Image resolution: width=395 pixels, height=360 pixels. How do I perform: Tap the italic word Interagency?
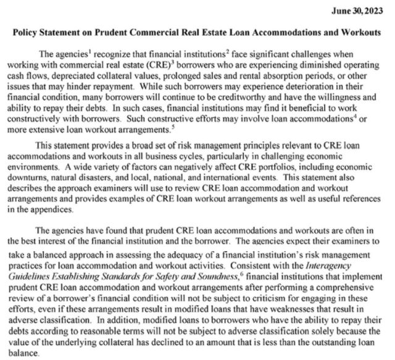(x=349, y=264)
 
